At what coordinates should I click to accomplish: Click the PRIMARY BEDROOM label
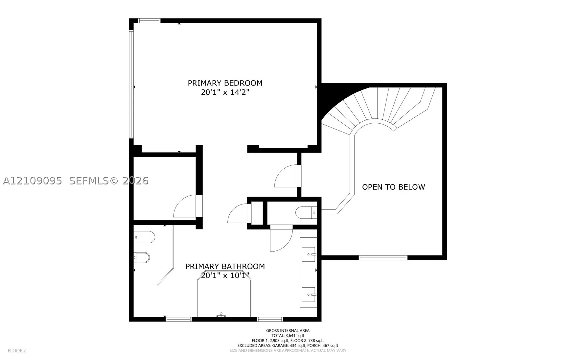(225, 83)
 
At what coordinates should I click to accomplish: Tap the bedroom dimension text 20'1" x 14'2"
(225, 92)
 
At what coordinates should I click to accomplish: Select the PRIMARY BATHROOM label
(225, 266)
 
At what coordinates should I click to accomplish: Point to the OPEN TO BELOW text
(393, 187)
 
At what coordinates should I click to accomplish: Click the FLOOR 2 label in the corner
(17, 350)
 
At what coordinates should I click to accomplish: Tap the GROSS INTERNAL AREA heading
(288, 331)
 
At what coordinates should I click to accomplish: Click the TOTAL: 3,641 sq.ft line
(288, 336)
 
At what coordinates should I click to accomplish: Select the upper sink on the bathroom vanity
(309, 254)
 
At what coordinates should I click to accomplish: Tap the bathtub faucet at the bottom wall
(221, 315)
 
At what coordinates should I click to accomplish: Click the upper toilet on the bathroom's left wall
(144, 237)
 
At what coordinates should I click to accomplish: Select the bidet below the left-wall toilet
(142, 258)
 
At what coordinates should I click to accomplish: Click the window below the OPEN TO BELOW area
(383, 258)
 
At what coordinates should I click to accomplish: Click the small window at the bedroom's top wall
(150, 21)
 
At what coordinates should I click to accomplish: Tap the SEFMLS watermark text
(108, 181)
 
